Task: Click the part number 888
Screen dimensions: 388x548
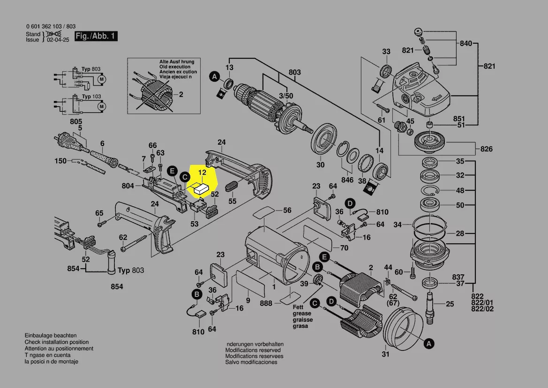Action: pos(266,303)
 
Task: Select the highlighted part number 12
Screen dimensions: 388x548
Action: pos(202,173)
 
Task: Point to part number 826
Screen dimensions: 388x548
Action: pos(487,149)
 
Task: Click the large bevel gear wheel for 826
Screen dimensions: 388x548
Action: pos(431,140)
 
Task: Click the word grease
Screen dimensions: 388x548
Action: pos(302,313)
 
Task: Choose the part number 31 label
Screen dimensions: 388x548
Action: pos(385,354)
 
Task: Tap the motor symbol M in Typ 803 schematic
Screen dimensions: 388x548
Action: pos(101,80)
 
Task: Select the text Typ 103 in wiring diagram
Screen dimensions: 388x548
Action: pos(91,97)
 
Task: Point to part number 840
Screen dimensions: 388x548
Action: pos(465,44)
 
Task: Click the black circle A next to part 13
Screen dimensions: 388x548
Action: pos(214,76)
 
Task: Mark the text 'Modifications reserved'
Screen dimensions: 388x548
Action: pos(253,350)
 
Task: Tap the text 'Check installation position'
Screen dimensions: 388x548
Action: pos(56,342)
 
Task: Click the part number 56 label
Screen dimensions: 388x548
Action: pos(287,210)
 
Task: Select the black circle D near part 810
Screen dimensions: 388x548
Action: pos(350,203)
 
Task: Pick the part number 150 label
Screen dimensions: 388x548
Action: pos(60,161)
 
